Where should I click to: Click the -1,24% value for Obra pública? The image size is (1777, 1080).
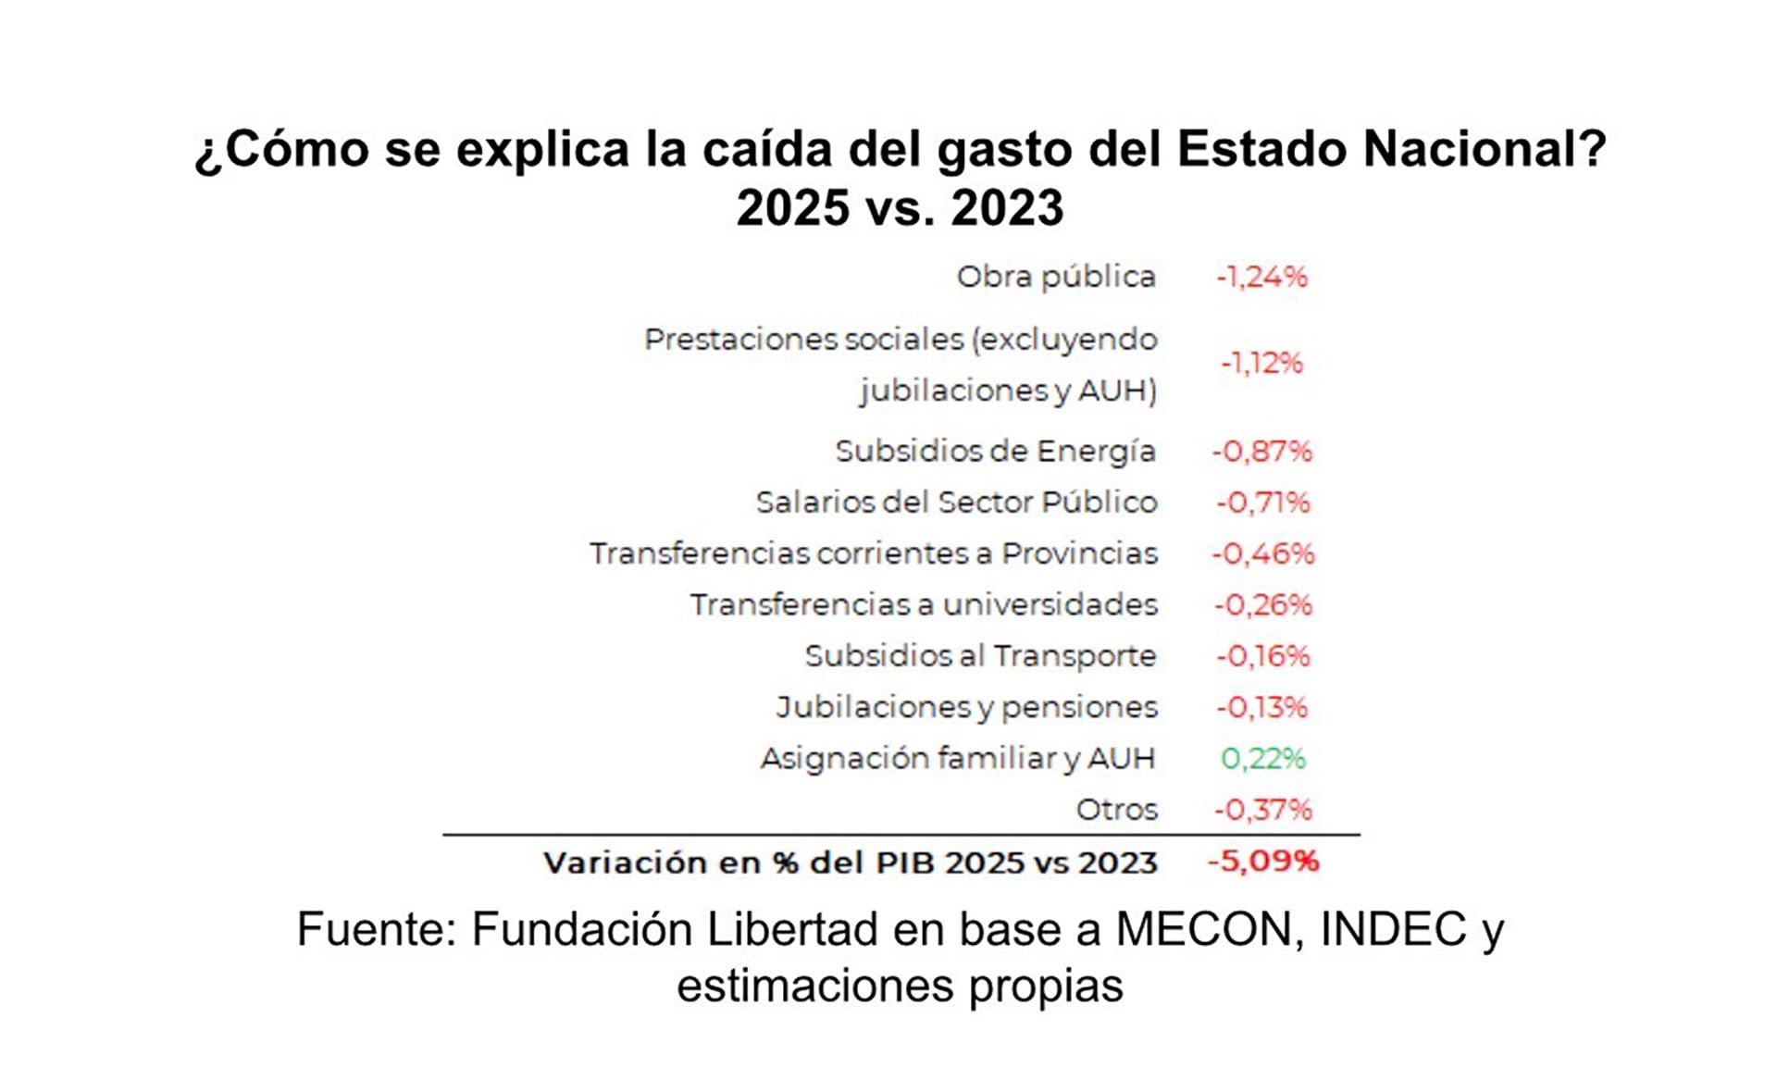(1261, 277)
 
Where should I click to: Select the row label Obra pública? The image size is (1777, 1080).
(1056, 277)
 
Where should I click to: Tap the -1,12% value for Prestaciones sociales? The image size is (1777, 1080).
(1261, 363)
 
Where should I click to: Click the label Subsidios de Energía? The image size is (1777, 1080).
(995, 452)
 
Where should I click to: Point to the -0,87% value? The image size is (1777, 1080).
(1262, 452)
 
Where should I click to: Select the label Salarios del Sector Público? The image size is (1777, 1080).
(956, 503)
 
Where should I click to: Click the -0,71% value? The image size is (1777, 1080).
(1262, 503)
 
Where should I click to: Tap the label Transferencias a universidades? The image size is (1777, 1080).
(924, 605)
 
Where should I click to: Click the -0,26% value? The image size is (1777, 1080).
(1262, 605)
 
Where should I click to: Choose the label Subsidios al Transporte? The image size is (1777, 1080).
(980, 656)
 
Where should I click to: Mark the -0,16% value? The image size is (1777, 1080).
(1262, 656)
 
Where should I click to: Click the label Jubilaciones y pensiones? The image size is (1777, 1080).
(966, 708)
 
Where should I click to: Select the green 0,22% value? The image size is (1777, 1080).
(1262, 759)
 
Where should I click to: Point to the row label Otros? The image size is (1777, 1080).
(1116, 810)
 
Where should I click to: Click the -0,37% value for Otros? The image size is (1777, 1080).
(1262, 810)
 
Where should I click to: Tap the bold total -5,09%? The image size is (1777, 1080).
(1263, 862)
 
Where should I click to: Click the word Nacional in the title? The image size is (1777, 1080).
(1485, 149)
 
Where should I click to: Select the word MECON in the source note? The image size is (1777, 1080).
(1210, 929)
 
